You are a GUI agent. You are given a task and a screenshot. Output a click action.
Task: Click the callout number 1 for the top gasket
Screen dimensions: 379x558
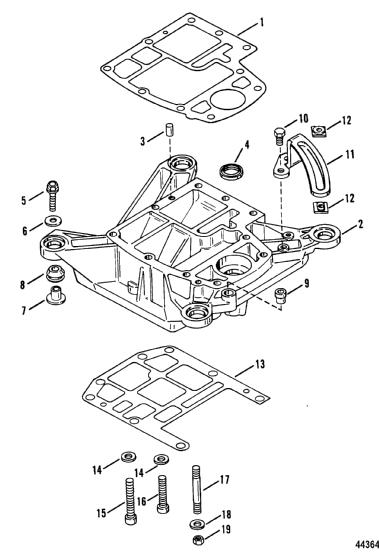(x=262, y=22)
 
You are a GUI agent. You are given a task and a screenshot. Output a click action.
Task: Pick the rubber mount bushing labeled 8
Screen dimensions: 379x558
(x=55, y=273)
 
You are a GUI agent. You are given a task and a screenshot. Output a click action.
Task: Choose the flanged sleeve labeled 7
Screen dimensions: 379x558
(x=56, y=295)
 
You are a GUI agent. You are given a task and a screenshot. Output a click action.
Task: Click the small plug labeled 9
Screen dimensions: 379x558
(x=281, y=296)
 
